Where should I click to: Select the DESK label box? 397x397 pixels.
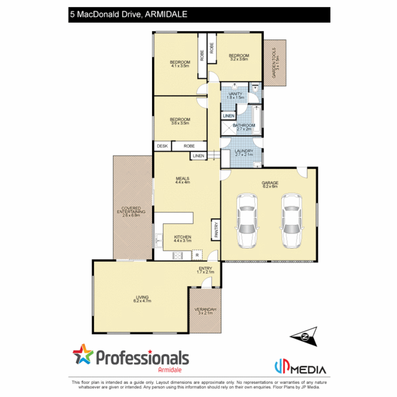click(162, 146)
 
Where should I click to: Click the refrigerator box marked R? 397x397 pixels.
click(197, 255)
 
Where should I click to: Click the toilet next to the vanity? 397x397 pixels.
click(255, 88)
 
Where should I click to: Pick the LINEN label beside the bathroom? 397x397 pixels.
click(228, 116)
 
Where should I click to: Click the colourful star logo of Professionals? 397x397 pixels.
click(83, 354)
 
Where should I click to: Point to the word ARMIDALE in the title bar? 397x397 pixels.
click(167, 14)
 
